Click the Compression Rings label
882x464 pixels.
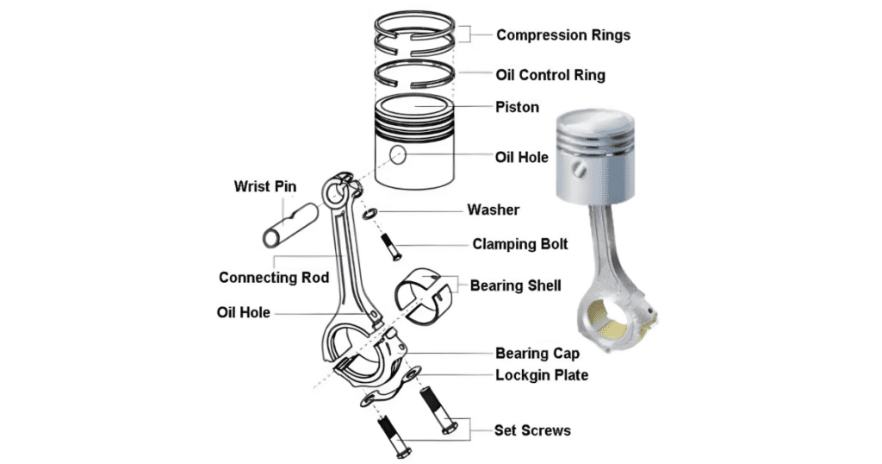point(563,35)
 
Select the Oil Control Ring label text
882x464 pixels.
point(550,75)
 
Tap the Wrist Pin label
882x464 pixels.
point(265,186)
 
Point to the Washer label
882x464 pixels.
point(494,210)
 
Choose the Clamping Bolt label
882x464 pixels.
point(520,244)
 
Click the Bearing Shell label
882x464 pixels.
point(516,285)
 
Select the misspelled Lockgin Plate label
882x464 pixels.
point(542,375)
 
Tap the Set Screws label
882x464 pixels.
point(532,430)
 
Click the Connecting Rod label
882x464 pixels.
point(274,278)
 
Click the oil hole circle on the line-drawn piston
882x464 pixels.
point(398,155)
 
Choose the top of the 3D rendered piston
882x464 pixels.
point(593,122)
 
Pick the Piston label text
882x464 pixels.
point(517,108)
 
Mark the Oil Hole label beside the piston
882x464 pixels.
point(522,158)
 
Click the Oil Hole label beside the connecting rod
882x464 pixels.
point(244,312)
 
